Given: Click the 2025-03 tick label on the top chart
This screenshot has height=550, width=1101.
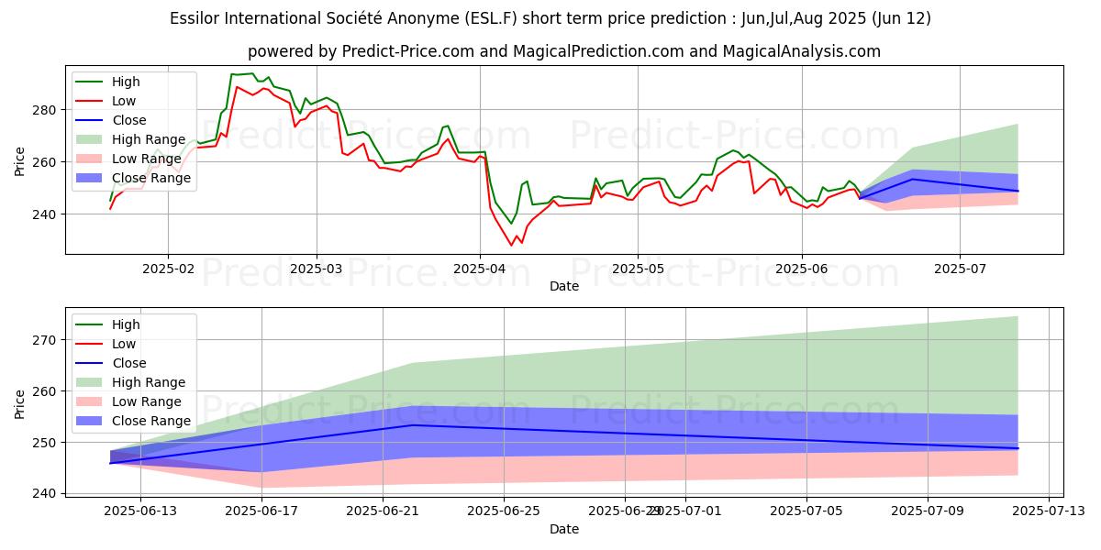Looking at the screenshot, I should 317,269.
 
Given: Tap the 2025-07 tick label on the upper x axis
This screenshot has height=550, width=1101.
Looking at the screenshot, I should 960,269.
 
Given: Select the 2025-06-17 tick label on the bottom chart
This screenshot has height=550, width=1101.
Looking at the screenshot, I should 261,511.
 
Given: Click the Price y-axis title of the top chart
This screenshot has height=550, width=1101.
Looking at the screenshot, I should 20,159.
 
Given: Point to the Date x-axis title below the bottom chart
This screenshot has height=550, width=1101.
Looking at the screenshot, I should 563,529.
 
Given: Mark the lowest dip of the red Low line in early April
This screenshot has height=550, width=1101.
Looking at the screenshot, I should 512,245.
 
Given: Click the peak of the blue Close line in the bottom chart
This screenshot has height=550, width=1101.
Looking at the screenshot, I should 413,425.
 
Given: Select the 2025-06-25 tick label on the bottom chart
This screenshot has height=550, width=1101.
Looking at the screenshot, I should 504,511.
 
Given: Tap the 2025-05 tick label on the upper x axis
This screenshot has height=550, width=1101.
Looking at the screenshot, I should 638,269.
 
